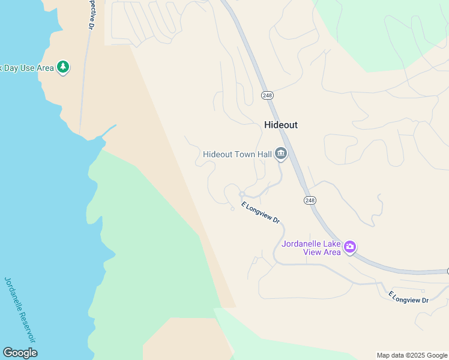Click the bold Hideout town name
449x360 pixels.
pos(281,125)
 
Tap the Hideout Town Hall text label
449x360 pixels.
pos(237,154)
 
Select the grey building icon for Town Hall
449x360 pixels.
pos(280,154)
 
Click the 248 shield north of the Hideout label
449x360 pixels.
pos(267,95)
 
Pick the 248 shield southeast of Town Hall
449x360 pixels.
pos(309,200)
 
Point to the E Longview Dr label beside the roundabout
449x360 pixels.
pos(261,212)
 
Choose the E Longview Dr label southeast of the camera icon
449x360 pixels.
pos(408,296)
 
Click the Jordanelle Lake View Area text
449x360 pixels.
pos(311,248)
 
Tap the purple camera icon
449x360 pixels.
pos(350,246)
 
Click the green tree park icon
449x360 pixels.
pos(63,67)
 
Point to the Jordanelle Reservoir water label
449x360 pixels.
pos(20,309)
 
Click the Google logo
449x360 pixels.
pos(20,353)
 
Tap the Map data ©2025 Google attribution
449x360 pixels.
pos(412,355)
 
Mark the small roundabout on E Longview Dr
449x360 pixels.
pos(241,194)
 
